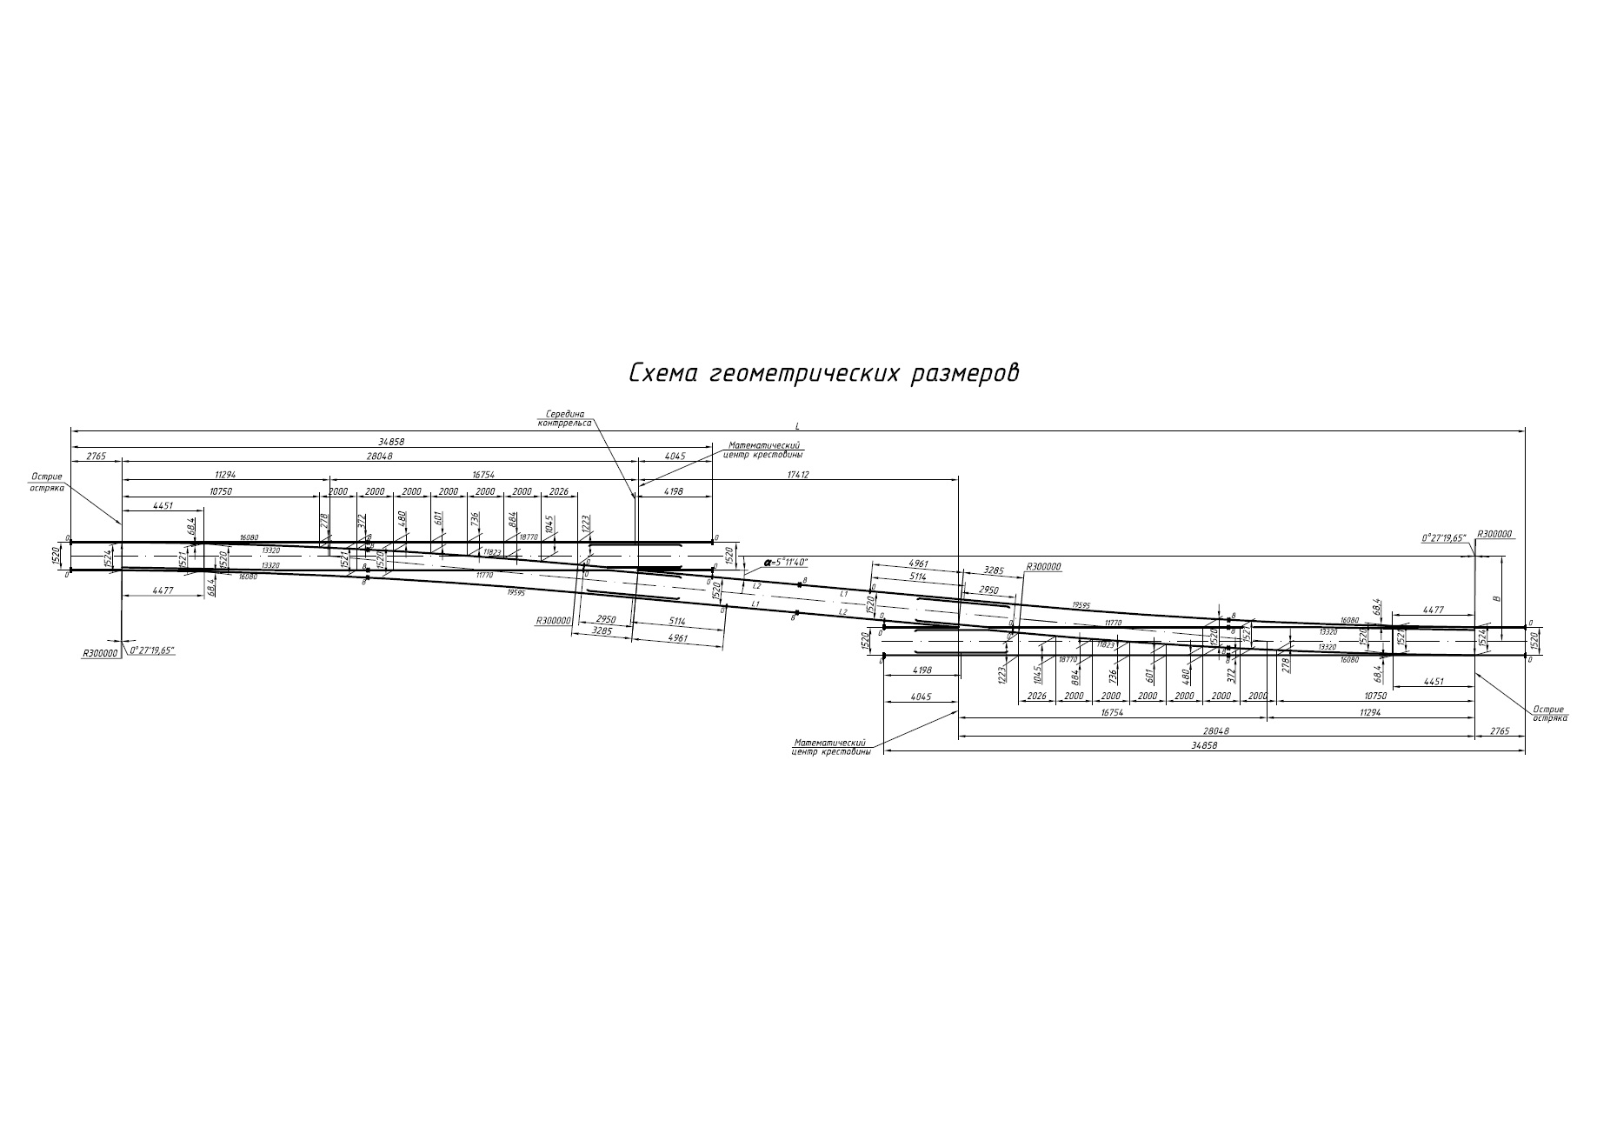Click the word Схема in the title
[x=662, y=373]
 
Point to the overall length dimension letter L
[x=797, y=425]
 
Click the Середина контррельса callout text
[x=565, y=418]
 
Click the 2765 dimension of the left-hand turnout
[x=96, y=456]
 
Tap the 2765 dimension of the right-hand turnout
[x=1500, y=731]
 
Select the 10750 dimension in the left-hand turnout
[x=222, y=491]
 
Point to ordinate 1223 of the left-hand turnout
[x=586, y=523]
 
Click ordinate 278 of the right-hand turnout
[x=1286, y=664]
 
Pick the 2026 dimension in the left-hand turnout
[x=558, y=491]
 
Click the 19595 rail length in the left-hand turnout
[x=516, y=591]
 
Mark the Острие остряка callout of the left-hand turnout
[x=47, y=482]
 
